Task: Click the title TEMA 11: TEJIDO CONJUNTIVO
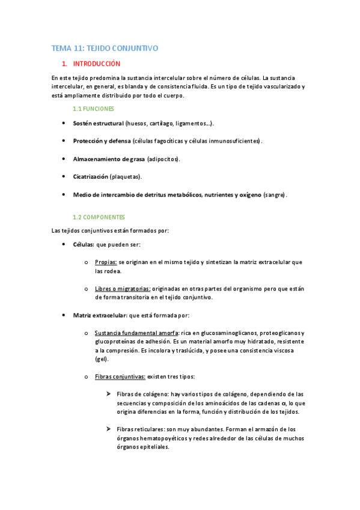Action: click(105, 48)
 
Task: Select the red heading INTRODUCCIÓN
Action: click(97, 64)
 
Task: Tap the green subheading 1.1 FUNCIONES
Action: click(93, 109)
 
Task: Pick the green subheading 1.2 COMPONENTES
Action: click(99, 217)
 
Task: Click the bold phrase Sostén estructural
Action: click(98, 123)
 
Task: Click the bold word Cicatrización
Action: click(91, 177)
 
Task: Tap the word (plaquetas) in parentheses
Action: click(126, 177)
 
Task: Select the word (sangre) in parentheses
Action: click(275, 195)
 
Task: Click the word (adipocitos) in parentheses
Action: click(163, 159)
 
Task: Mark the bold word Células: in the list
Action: click(84, 245)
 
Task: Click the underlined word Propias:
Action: click(106, 263)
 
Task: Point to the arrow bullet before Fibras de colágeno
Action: click(109, 395)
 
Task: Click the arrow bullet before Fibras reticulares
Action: click(109, 429)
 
